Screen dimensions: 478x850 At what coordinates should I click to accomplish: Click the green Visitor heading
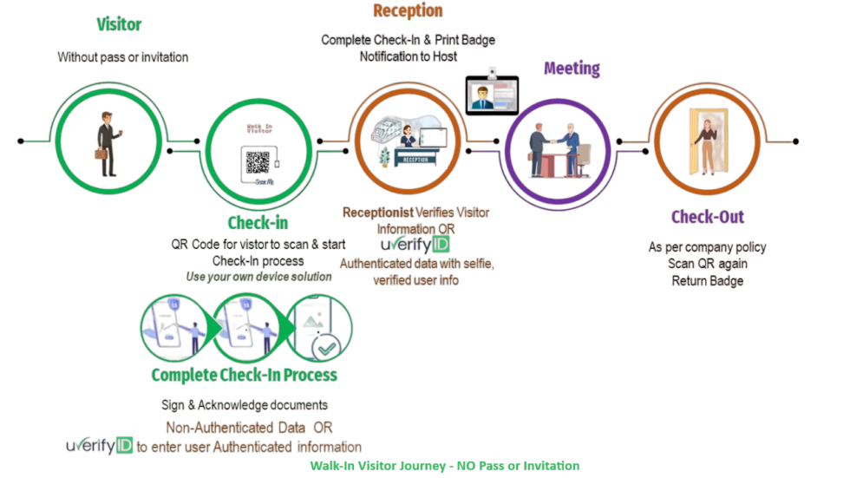pyautogui.click(x=119, y=24)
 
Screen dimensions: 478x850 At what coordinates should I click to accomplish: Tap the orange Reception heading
pyautogui.click(x=408, y=11)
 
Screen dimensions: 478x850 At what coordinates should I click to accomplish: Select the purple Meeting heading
pyautogui.click(x=572, y=69)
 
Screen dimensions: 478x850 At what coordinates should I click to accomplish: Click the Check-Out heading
pyautogui.click(x=708, y=217)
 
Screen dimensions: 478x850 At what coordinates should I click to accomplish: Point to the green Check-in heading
pyautogui.click(x=258, y=223)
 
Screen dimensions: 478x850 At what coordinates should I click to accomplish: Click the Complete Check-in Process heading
pyautogui.click(x=244, y=375)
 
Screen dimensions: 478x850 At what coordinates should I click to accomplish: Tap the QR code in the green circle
pyautogui.click(x=258, y=161)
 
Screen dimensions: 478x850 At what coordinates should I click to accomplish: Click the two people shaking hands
pyautogui.click(x=554, y=142)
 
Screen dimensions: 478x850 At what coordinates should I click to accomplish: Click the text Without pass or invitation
pyautogui.click(x=123, y=57)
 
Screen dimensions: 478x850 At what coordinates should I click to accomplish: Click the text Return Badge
pyautogui.click(x=707, y=280)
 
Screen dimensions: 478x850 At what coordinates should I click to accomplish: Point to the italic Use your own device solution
pyautogui.click(x=258, y=277)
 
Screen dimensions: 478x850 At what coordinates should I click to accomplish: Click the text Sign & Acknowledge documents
pyautogui.click(x=245, y=405)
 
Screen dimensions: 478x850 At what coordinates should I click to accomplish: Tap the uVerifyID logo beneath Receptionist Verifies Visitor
pyautogui.click(x=415, y=245)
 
